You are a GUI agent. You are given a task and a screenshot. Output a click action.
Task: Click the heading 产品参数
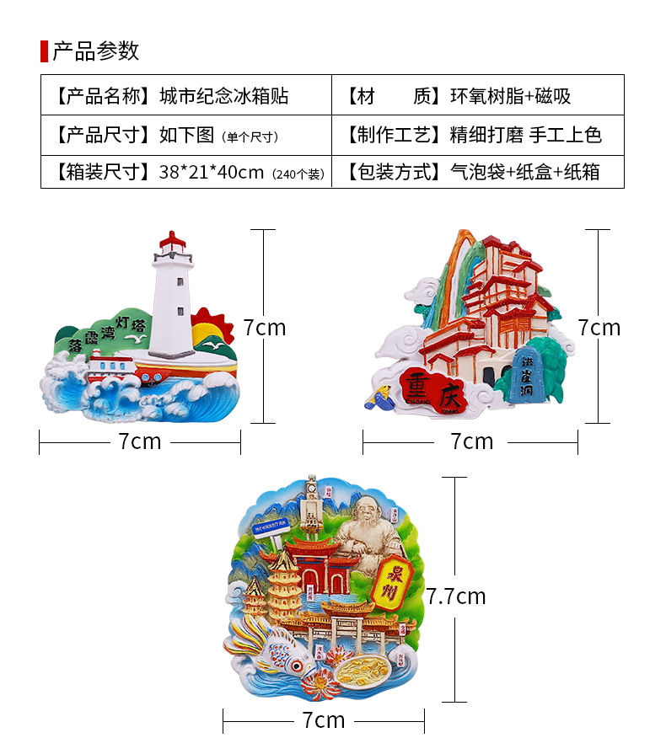(x=95, y=51)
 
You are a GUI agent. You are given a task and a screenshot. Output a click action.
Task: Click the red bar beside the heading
(x=44, y=51)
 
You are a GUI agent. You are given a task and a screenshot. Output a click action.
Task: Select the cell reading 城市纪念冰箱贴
(x=224, y=96)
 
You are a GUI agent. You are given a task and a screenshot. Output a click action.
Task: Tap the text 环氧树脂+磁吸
(x=511, y=96)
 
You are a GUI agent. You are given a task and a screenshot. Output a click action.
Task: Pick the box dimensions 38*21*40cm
(x=212, y=173)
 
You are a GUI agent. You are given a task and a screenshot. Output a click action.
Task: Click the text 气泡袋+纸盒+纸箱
(x=524, y=173)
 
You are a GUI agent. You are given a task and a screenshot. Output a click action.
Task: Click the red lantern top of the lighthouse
(x=173, y=243)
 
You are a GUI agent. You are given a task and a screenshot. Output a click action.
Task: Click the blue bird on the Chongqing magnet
(x=377, y=397)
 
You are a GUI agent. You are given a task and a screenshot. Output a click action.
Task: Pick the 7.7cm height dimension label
(x=456, y=596)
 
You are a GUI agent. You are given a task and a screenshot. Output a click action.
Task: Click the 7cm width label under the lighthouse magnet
(x=140, y=441)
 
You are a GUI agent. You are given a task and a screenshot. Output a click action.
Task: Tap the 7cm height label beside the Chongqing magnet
(x=599, y=327)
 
